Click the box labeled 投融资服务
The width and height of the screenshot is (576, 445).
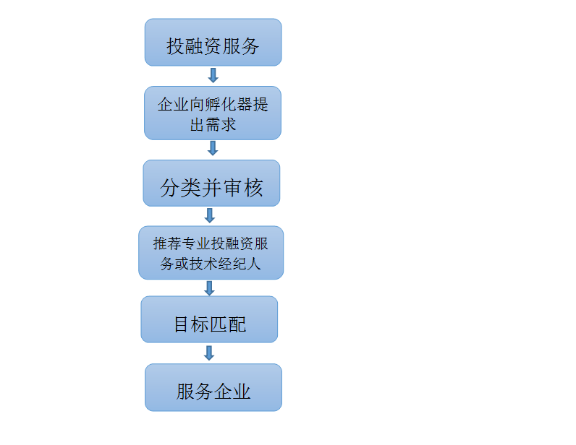213,42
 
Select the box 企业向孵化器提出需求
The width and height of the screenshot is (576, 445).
213,113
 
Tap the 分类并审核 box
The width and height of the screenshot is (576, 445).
211,183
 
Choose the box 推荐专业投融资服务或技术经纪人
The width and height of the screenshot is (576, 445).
211,253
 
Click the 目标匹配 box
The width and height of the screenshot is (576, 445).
209,319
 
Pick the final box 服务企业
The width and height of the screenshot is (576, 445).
213,387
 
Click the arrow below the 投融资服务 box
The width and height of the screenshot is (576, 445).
213,75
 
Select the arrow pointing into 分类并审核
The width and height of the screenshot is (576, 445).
213,148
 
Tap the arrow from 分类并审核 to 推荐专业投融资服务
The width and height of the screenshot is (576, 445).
210,216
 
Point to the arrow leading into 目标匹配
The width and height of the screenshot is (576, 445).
209,288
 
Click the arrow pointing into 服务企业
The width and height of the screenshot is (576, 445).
209,353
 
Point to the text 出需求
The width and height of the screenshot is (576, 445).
213,125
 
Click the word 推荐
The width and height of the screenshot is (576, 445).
168,243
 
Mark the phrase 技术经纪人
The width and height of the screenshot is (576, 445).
225,264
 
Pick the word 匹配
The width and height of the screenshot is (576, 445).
228,324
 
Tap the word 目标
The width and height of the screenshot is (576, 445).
191,324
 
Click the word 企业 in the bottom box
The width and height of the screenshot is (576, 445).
232,392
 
